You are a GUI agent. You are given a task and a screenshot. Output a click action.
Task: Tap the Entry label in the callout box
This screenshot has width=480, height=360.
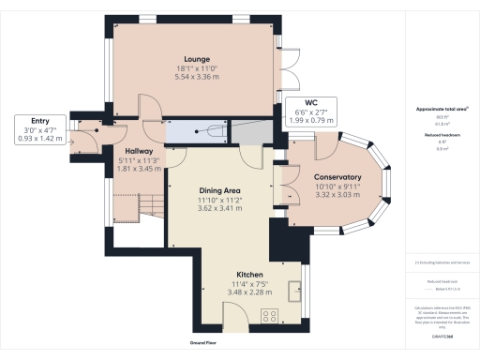pos(39,120)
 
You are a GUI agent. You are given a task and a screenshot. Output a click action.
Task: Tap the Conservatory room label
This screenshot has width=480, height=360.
pos(338,177)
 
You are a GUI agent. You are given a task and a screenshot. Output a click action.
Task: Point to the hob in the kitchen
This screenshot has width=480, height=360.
pos(274,316)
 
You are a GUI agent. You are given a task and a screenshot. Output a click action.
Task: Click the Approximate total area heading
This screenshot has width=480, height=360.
pos(441,110)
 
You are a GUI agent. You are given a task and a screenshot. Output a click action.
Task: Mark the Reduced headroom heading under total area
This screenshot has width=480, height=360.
pos(441,135)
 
